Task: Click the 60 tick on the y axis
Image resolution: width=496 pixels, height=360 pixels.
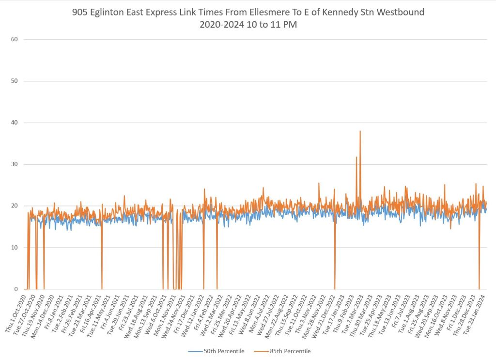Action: (15, 39)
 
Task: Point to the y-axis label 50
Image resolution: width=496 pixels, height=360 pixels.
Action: (15, 81)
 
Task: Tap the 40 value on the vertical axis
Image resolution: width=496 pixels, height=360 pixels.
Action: (15, 123)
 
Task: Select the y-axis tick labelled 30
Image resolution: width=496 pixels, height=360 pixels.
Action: (15, 164)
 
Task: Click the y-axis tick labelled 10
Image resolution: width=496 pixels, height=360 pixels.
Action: (15, 248)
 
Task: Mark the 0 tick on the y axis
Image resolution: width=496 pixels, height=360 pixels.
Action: (16, 289)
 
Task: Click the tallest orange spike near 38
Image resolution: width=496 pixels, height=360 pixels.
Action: (360, 132)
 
